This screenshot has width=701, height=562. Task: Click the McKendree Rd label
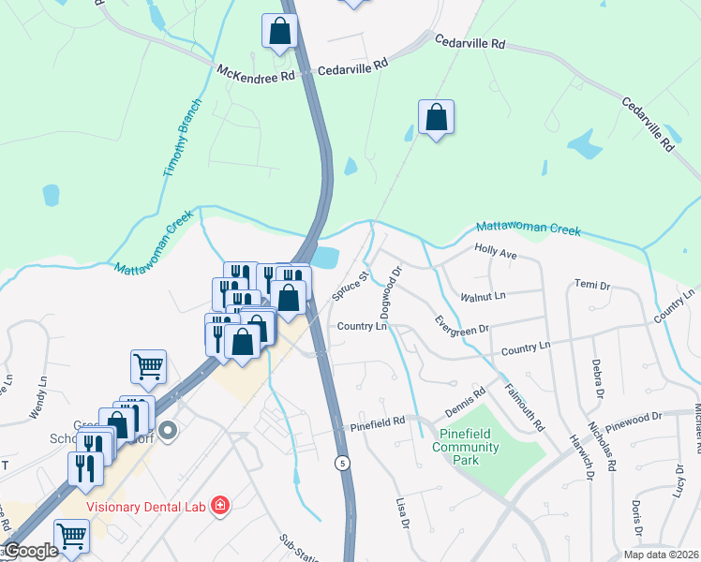point(256,74)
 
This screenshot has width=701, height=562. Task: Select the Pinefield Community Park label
point(466,447)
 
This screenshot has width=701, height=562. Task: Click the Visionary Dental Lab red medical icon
point(219,506)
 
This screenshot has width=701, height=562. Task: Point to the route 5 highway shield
point(346,463)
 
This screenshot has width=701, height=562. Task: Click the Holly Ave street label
point(496,253)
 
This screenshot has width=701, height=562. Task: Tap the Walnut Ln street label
point(483,296)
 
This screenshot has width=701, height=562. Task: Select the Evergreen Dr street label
point(463,324)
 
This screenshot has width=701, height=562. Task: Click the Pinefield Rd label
point(378,422)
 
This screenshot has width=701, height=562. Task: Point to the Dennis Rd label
point(466,401)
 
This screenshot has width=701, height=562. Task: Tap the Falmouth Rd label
point(525,407)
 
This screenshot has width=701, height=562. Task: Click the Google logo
point(30,552)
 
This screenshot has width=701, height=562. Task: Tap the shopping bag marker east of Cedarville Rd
point(436,119)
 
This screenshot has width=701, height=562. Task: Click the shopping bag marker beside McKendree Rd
point(279,32)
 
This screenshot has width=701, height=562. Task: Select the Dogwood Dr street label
point(390,291)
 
